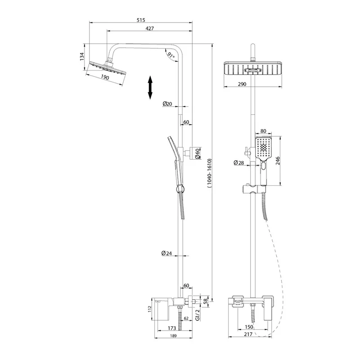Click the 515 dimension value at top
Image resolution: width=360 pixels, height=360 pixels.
click(x=141, y=20)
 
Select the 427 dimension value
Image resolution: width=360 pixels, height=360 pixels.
click(x=150, y=28)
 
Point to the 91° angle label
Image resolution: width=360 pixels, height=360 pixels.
click(x=171, y=55)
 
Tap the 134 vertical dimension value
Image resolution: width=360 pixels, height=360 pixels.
click(x=82, y=57)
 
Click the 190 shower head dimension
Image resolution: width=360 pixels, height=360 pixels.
click(x=105, y=77)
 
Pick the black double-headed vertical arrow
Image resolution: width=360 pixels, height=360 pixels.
click(x=150, y=87)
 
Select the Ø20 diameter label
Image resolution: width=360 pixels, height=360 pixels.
click(x=167, y=104)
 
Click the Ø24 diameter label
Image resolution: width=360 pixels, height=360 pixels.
click(x=166, y=253)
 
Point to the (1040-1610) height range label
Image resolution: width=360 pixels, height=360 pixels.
click(x=209, y=173)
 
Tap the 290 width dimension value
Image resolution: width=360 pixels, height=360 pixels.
click(x=242, y=84)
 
